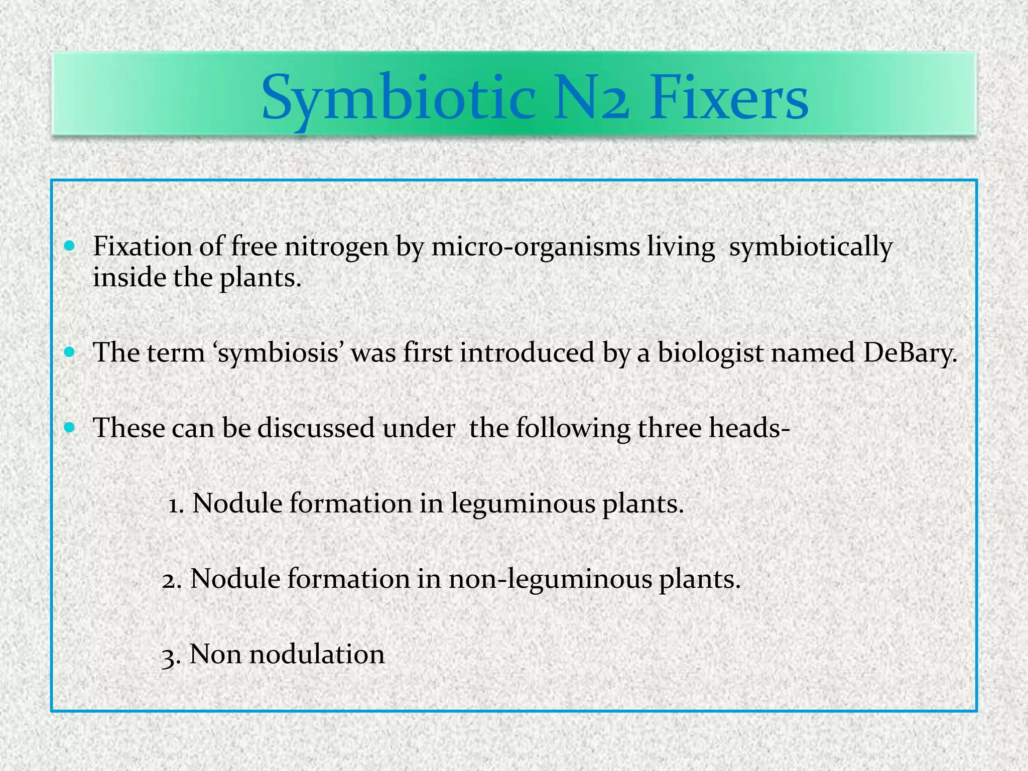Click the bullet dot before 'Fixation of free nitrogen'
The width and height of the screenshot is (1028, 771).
coord(70,246)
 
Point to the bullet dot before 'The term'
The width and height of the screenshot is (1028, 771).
coord(70,352)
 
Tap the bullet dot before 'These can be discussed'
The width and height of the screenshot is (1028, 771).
coord(70,427)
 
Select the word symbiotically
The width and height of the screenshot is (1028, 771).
coord(811,248)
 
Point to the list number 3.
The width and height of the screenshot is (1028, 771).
coord(171,656)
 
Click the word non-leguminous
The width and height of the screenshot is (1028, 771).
coord(550,580)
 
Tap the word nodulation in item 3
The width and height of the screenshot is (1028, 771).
coord(317,655)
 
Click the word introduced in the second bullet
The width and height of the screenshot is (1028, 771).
coord(527,353)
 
